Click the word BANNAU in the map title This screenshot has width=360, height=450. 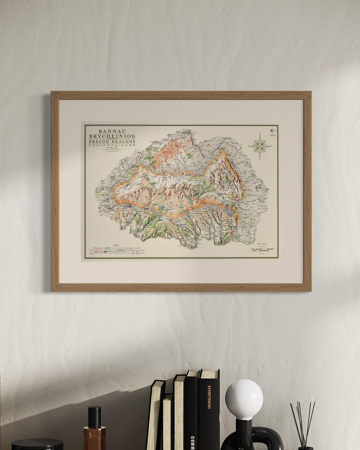112,131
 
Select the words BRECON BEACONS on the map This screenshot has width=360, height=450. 112,142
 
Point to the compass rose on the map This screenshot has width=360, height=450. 260,146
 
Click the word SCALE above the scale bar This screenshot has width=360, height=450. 262,244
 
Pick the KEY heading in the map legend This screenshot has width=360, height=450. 116,245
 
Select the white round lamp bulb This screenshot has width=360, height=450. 244,400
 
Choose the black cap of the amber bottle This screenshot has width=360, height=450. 94,417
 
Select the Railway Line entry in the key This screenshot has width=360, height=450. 99,248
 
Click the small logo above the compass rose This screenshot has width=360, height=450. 272,131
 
